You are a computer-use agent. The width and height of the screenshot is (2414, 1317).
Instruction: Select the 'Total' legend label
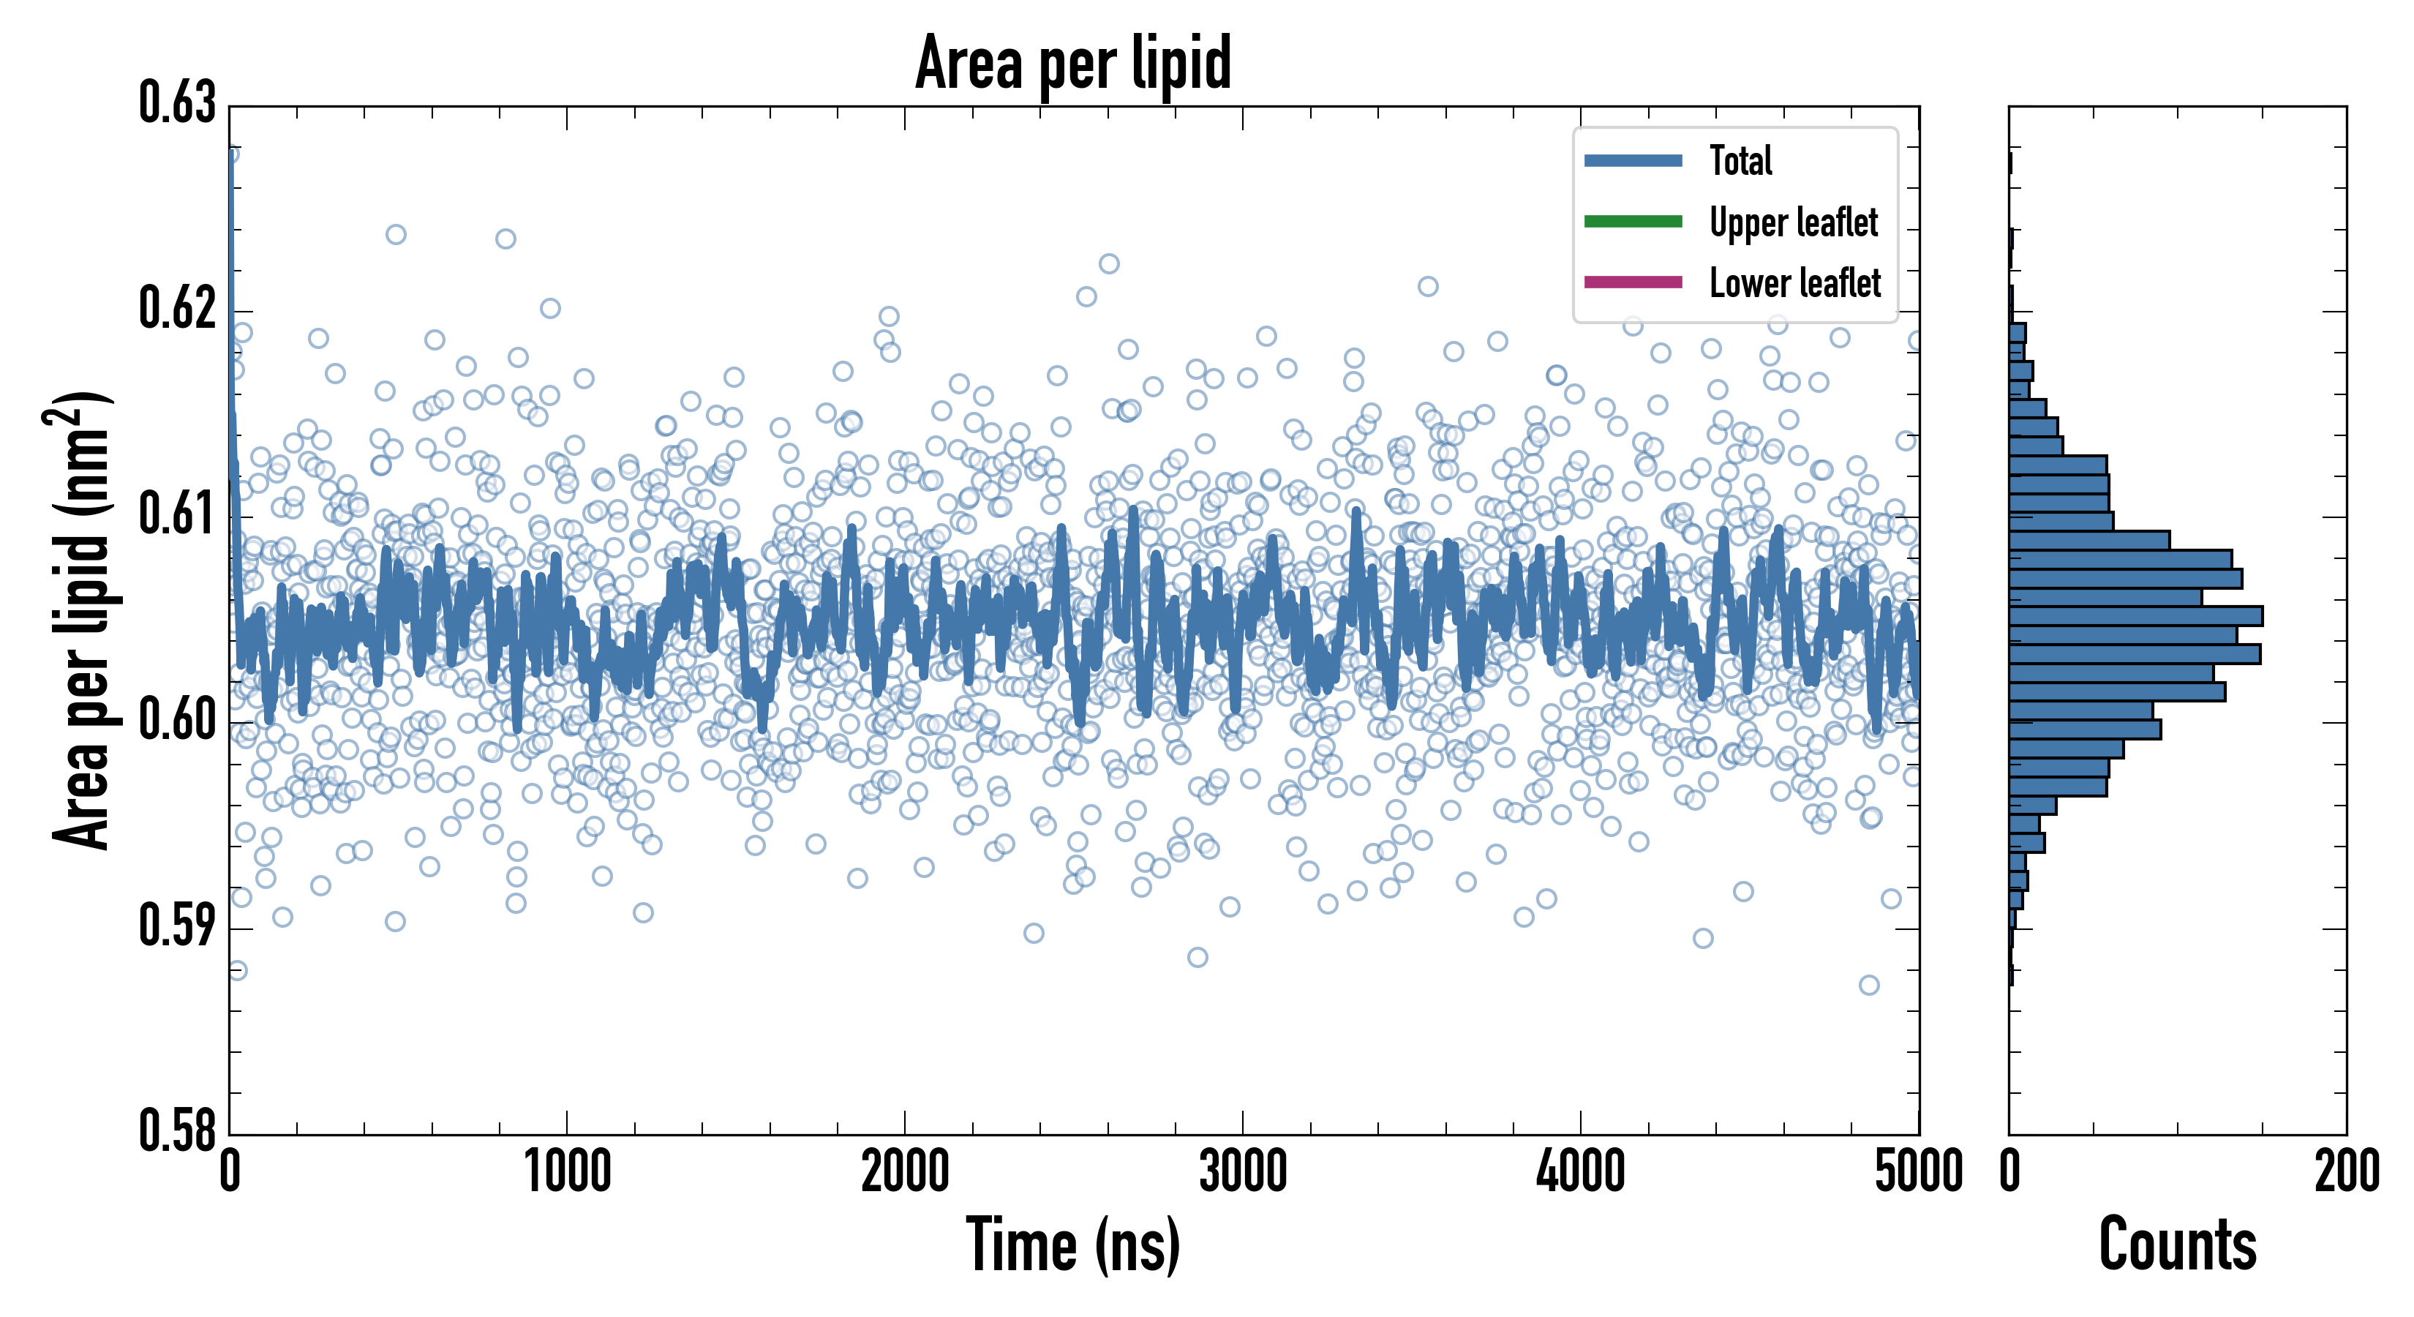1740,160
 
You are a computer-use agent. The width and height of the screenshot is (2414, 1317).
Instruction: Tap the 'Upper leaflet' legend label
1794,222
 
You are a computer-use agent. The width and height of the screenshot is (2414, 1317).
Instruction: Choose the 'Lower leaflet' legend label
1794,282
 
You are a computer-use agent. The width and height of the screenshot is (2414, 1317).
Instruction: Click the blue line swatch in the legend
1633,160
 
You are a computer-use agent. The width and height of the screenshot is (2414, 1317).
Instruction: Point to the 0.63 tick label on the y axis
177,103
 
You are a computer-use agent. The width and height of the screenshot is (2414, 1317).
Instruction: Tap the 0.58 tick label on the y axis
177,1130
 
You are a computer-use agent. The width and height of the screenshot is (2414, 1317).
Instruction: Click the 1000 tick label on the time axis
567,1171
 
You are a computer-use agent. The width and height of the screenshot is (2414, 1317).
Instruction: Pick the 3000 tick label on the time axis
1243,1171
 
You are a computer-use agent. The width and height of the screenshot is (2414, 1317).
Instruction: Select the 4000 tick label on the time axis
1580,1171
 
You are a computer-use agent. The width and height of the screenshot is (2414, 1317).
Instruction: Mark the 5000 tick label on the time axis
1918,1171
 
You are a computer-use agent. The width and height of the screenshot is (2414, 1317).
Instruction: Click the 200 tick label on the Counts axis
2345,1171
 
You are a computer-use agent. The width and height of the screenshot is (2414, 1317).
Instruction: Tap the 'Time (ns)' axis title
1073,1245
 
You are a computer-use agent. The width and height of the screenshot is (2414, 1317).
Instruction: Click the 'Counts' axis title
2177,1245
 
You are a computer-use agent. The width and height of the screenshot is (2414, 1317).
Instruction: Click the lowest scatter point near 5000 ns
1868,985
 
